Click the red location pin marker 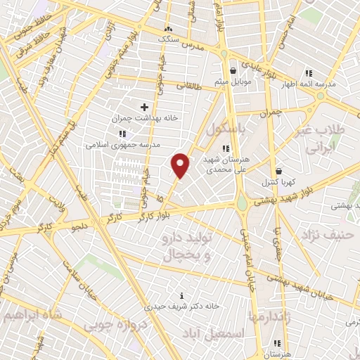181,165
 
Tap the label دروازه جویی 115,326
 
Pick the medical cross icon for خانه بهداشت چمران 144,107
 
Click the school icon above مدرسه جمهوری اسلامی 122,133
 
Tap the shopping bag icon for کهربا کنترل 279,170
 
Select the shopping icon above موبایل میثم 233,70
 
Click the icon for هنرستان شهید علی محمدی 225,148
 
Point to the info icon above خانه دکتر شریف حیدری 183,295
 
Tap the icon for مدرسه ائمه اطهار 308,72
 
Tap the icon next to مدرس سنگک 168,29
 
